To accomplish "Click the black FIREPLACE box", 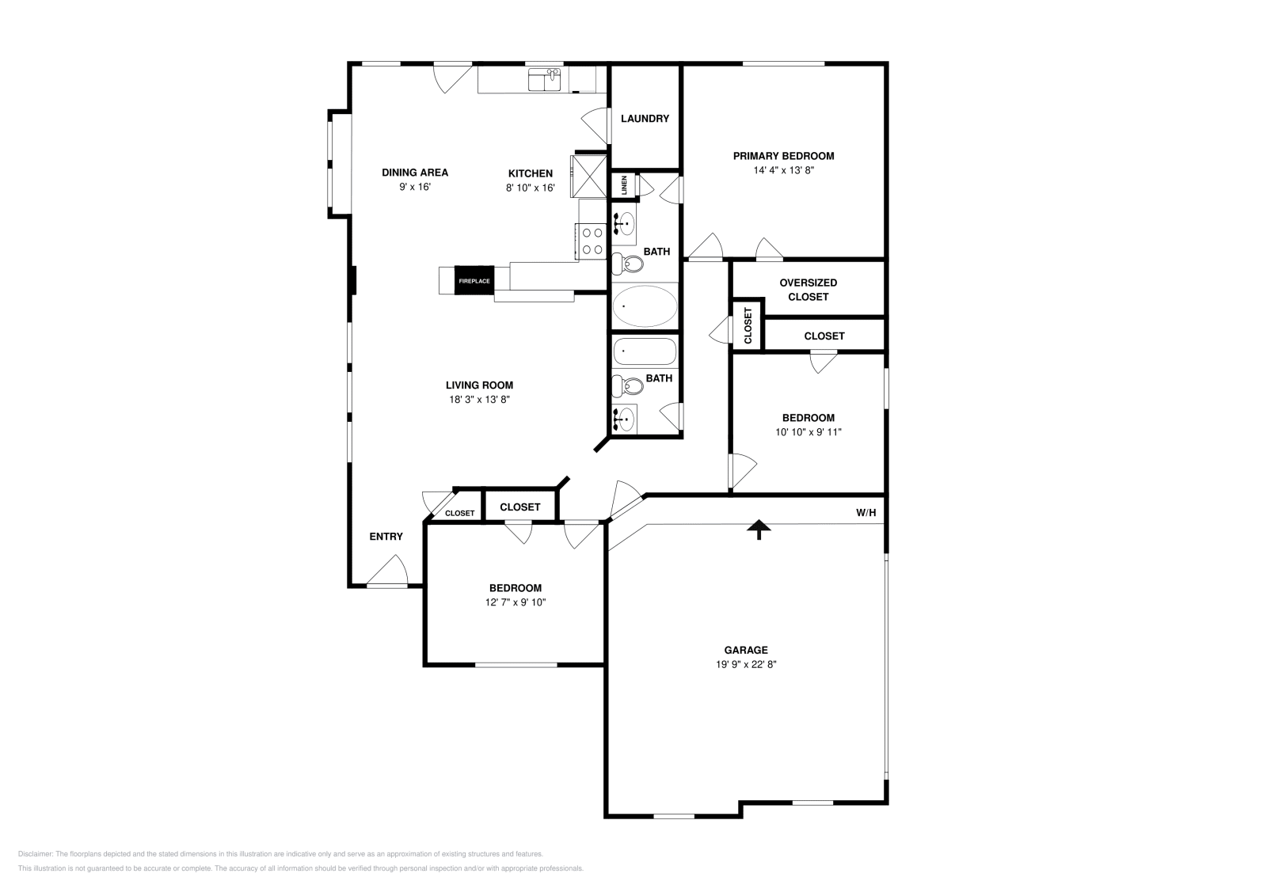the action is [474, 280].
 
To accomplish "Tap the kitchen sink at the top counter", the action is [544, 80].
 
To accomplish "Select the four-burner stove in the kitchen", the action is [591, 241].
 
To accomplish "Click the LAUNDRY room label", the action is [645, 118].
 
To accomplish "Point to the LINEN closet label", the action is [625, 185].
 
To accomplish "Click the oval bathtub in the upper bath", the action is [645, 306].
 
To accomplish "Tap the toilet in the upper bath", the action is [628, 264].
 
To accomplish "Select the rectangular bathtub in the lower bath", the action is [645, 351].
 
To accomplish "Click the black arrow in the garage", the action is [759, 530].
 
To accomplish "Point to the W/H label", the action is [866, 513].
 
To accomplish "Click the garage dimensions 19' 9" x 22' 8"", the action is [746, 664].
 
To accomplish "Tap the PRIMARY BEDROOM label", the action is [783, 156].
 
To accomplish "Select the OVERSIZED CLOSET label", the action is [809, 290].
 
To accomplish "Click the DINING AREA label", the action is [415, 173].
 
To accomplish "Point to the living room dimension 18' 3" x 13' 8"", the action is [480, 399].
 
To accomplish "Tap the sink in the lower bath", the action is [625, 419].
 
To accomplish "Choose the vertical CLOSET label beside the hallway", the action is [748, 325].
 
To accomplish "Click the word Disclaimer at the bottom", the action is [35, 854].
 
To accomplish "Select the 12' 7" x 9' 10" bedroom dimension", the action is [516, 602].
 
